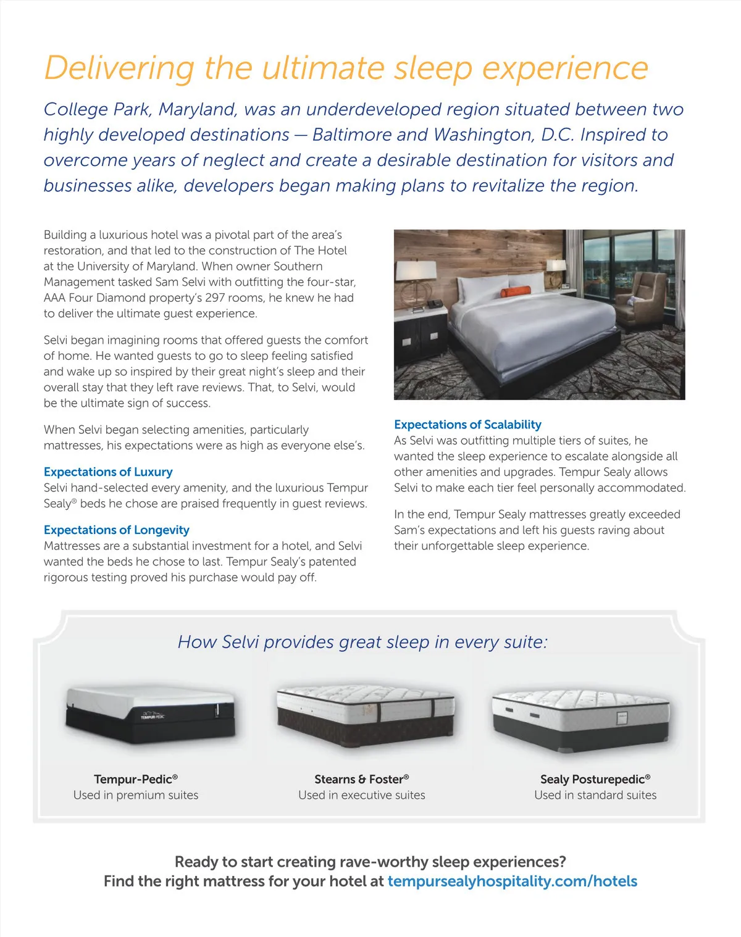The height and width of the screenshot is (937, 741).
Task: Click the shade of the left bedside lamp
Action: [417, 270]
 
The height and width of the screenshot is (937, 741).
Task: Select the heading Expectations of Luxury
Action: [108, 472]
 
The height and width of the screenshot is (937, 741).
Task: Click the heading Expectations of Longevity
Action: [116, 530]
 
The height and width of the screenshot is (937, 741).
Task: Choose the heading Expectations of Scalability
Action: [467, 425]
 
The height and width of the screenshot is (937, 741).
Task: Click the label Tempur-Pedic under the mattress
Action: [136, 779]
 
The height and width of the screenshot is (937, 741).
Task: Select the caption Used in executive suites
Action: [362, 795]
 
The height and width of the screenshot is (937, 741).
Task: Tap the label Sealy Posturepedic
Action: [595, 779]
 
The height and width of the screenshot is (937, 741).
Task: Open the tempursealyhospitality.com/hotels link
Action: [512, 881]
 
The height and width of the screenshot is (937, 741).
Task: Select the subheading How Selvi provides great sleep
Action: [362, 642]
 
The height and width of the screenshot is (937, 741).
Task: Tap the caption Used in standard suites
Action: [595, 795]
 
